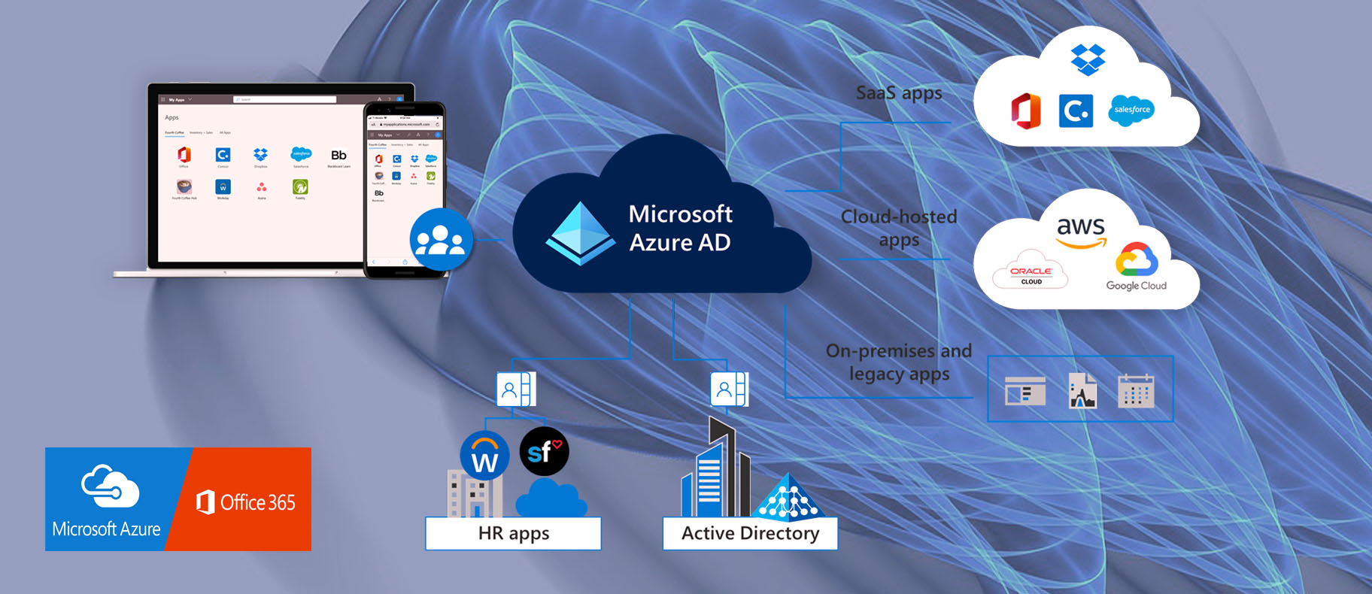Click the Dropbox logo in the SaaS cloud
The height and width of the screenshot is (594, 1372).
click(x=1088, y=59)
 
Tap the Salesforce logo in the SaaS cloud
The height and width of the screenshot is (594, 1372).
click(x=1131, y=110)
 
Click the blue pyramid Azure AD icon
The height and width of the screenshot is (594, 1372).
click(x=580, y=232)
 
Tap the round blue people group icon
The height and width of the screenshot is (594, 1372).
click(x=441, y=240)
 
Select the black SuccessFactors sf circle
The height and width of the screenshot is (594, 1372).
click(x=544, y=451)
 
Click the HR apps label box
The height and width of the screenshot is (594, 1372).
click(x=513, y=533)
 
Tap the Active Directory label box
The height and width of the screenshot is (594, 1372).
click(x=750, y=533)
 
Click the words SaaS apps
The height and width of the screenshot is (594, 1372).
click(x=899, y=93)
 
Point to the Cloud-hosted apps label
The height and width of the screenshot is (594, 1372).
click(x=899, y=228)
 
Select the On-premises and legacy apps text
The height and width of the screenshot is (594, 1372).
click(x=899, y=362)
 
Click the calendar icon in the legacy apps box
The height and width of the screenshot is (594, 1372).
click(x=1136, y=390)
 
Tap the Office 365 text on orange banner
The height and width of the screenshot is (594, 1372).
click(x=257, y=502)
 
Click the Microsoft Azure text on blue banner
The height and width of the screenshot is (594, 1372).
click(x=106, y=529)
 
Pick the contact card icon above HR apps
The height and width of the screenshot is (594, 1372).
click(x=515, y=389)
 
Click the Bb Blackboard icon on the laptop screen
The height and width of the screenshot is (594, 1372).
click(x=338, y=156)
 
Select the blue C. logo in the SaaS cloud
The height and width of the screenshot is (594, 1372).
click(x=1076, y=111)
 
